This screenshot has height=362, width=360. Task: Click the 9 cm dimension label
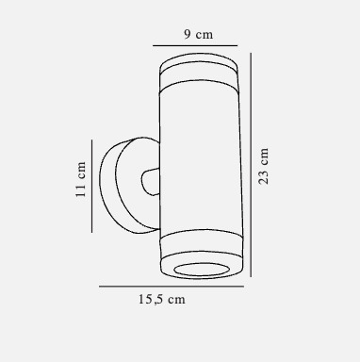199,34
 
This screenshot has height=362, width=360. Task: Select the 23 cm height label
263,166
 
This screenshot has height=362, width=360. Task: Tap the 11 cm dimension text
81,179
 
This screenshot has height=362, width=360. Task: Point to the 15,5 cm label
162,299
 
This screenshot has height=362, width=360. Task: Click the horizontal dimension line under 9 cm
195,46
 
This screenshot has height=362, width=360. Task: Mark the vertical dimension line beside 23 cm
251,165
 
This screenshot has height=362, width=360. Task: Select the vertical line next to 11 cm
92,187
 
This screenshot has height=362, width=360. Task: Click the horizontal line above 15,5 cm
172,287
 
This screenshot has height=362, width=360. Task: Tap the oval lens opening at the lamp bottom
201,270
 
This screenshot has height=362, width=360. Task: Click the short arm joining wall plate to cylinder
151,182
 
